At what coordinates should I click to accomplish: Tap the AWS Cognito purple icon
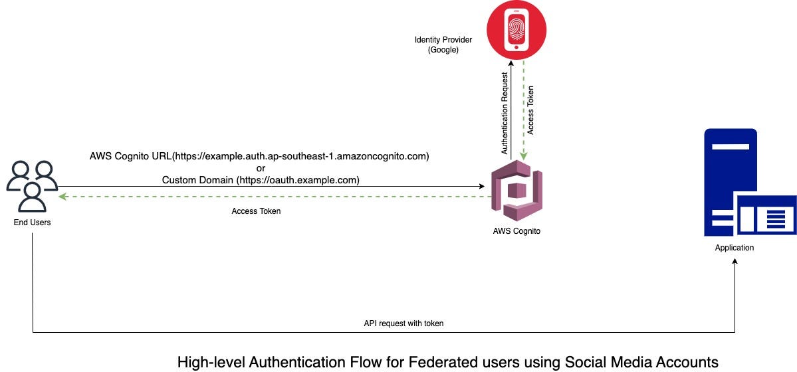[x=516, y=193]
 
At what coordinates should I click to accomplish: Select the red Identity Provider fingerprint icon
[x=516, y=30]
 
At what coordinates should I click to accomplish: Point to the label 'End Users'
[x=32, y=223]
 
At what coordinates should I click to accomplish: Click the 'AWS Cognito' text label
[x=516, y=231]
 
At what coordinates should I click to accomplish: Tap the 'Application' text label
[x=735, y=248]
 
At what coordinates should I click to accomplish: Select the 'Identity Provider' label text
[x=443, y=41]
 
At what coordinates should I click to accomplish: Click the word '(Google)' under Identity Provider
[x=443, y=50]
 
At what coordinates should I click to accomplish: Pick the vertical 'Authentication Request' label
[x=505, y=113]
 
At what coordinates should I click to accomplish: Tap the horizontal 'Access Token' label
[x=256, y=211]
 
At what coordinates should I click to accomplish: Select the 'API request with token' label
[x=403, y=324]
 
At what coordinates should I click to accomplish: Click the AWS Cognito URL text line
[x=260, y=157]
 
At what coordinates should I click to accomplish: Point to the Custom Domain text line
[x=261, y=179]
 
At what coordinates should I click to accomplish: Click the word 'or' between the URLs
[x=261, y=168]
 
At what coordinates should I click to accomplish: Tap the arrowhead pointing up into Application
[x=735, y=262]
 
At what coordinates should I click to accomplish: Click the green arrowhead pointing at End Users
[x=62, y=197]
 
